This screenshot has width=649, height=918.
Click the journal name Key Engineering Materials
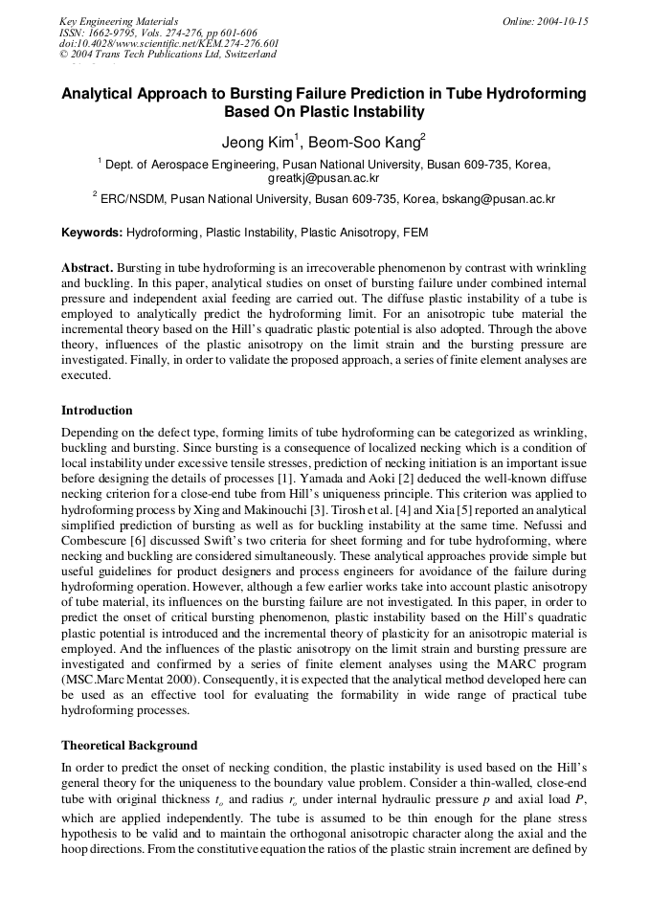119,21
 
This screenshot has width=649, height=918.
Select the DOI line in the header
168,43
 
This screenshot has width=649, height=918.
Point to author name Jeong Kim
259,143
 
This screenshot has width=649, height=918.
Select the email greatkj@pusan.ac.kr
324,178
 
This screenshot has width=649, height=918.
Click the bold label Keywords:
92,233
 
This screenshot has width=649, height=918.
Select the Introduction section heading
97,411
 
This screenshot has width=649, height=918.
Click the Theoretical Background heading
129,745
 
